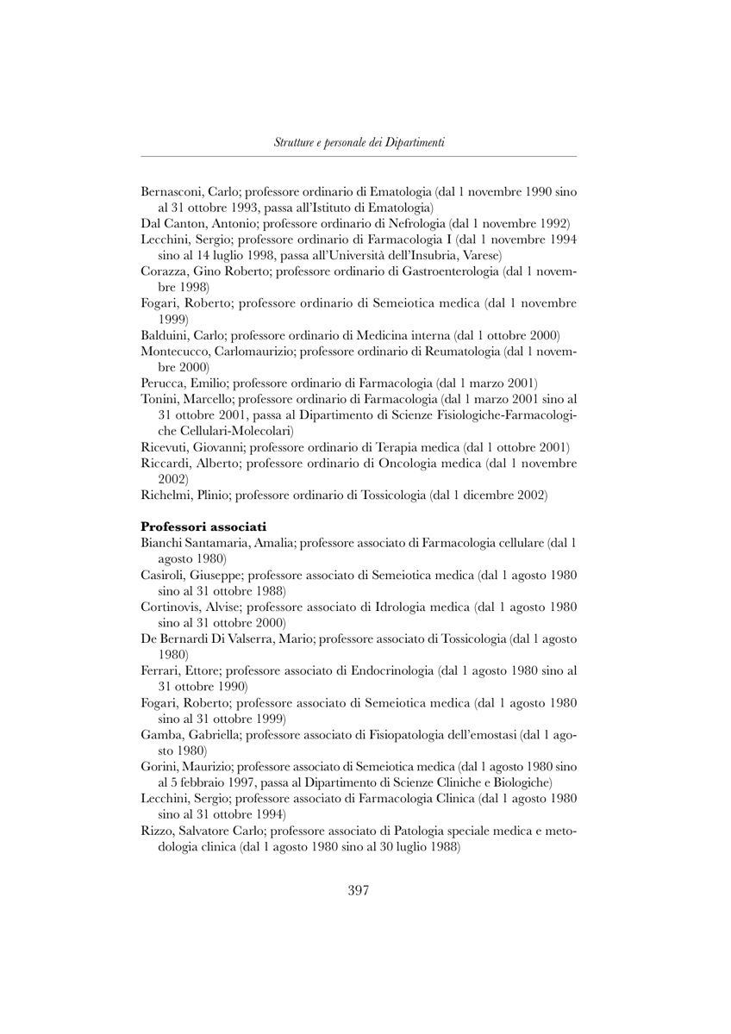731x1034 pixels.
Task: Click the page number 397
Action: (x=359, y=891)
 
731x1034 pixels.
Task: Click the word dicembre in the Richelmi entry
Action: (x=480, y=495)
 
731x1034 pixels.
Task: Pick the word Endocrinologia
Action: (x=391, y=670)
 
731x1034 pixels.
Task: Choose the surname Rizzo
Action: (x=158, y=831)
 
